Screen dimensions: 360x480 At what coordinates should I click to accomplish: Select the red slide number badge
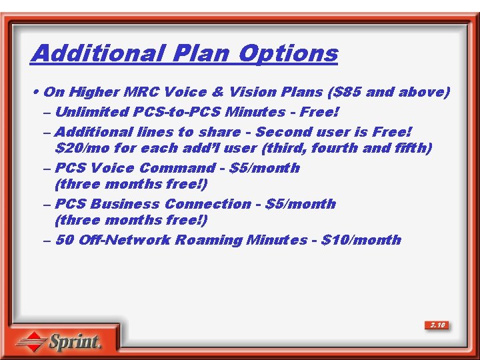click(x=437, y=325)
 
